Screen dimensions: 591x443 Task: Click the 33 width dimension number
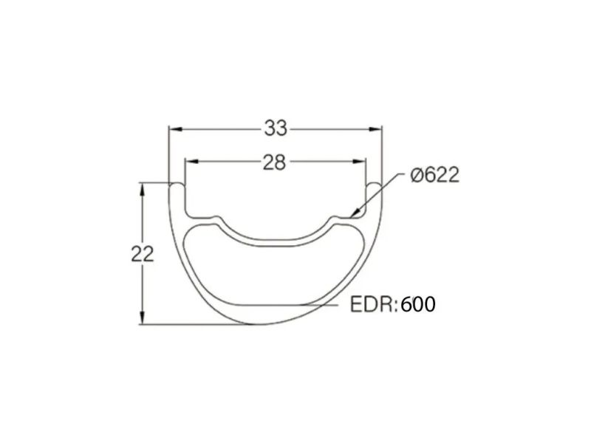pos(276,128)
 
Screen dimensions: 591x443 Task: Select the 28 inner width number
pos(274,162)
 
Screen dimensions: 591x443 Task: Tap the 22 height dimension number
pos(143,254)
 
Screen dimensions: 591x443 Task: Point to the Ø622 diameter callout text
pos(435,175)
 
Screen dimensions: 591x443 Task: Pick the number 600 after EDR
pos(418,304)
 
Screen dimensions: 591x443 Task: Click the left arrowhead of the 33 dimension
pos(175,129)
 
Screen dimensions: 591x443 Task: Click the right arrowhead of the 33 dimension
pos(375,129)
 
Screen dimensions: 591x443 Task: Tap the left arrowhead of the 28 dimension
pos(191,162)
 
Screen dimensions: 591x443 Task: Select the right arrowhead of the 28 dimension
pos(359,162)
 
